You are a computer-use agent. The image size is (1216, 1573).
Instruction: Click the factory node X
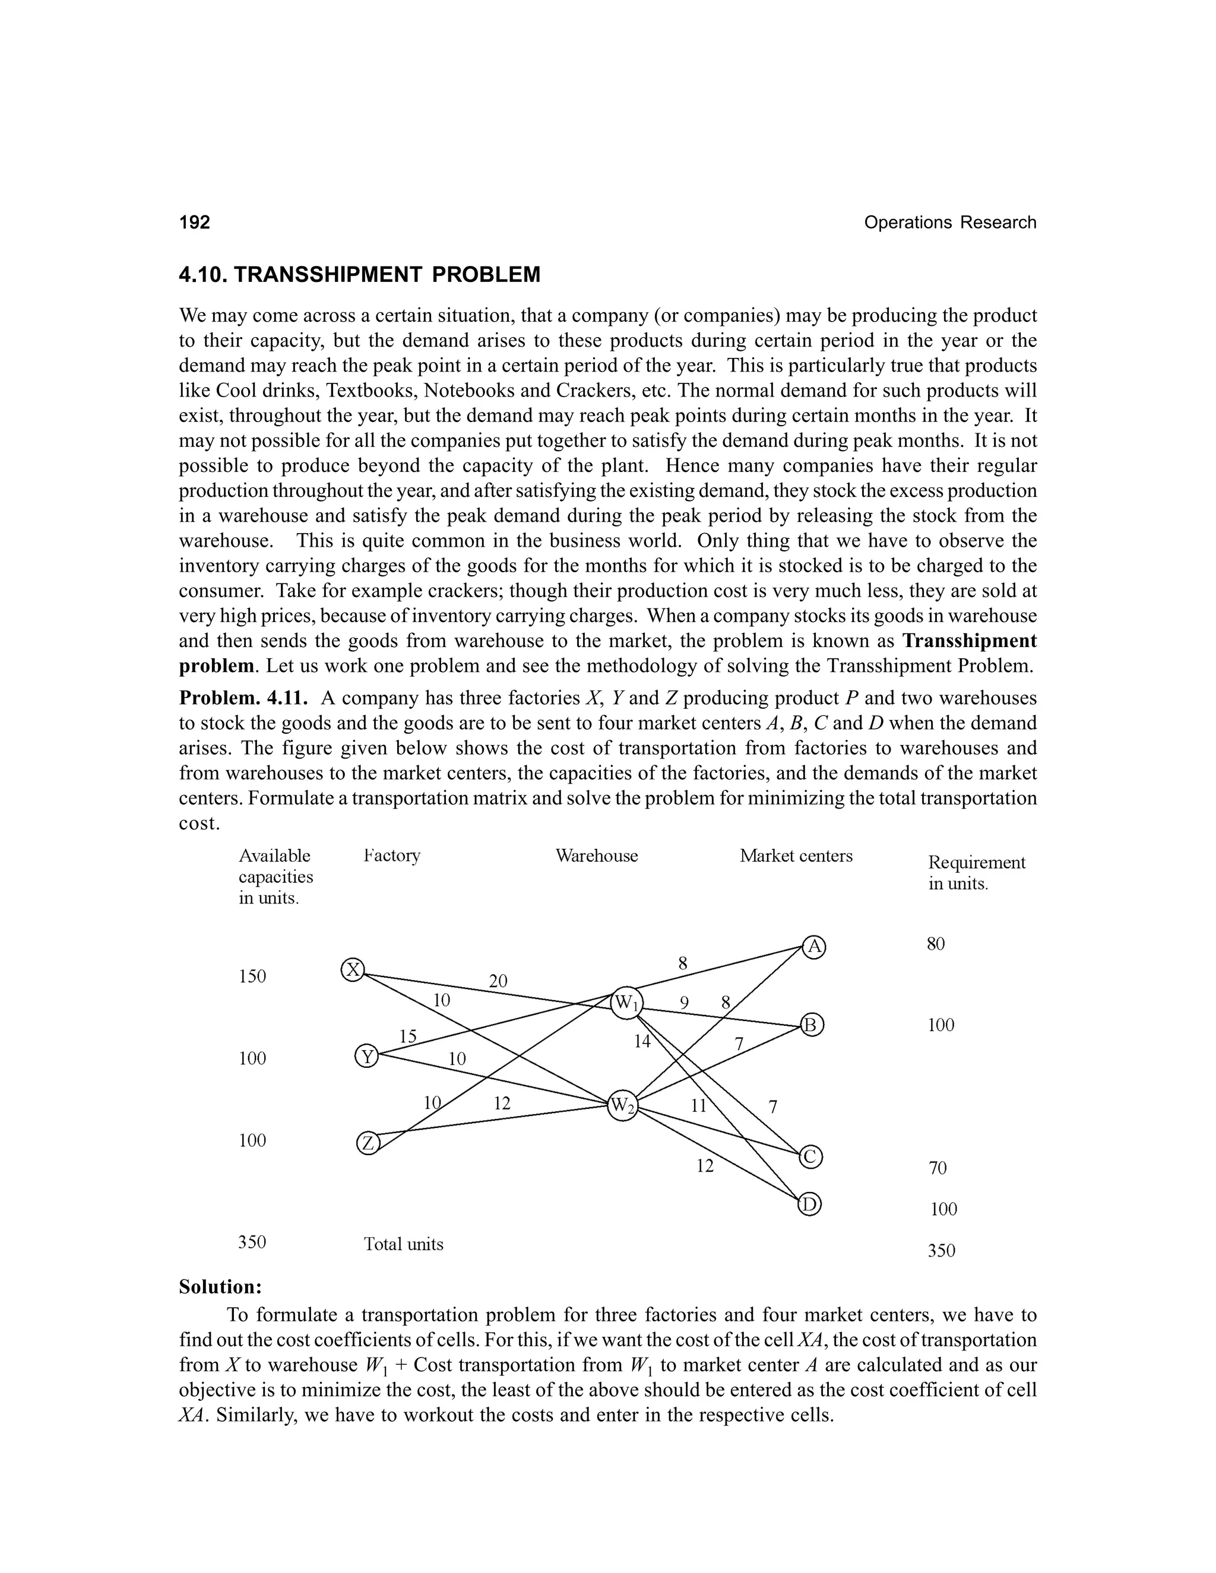click(352, 970)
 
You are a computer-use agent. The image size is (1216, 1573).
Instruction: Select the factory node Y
click(368, 1057)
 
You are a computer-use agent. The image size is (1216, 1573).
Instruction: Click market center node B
click(812, 1025)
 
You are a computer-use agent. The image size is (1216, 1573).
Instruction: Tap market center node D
click(810, 1204)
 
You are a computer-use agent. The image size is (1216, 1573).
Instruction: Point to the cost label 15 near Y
click(408, 1036)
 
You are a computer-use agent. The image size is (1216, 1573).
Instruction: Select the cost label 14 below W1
click(642, 1041)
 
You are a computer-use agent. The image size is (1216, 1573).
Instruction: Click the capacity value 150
click(252, 976)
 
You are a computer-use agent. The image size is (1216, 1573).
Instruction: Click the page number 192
click(195, 223)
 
